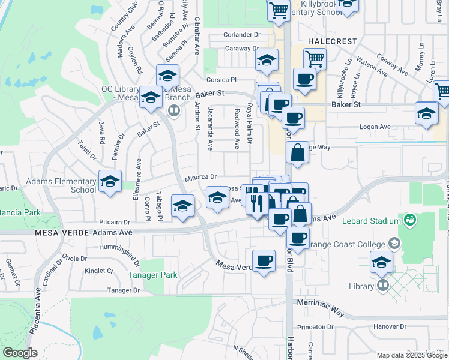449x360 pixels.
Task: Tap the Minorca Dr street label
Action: point(200,178)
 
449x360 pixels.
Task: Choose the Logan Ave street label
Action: point(375,127)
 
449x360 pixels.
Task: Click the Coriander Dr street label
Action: point(240,35)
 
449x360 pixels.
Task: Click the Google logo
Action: point(20,353)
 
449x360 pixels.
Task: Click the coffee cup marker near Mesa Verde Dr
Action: point(264,261)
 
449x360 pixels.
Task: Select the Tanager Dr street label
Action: point(123,290)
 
